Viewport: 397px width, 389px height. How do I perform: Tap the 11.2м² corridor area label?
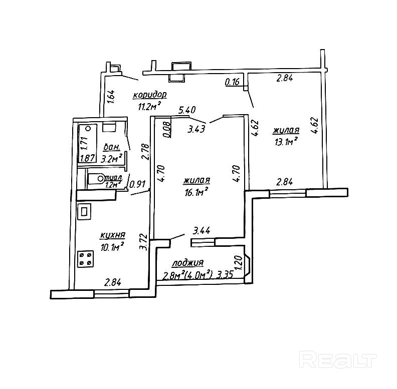coord(149,105)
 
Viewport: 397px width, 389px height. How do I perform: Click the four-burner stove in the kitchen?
coord(86,258)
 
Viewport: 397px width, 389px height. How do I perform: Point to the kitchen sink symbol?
coord(84,212)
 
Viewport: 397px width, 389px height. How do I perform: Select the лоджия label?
coord(187,263)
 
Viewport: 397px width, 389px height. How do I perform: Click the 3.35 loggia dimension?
coord(226,274)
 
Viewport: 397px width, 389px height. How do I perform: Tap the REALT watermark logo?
coord(337,358)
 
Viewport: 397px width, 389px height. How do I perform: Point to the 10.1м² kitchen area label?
coord(112,246)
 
